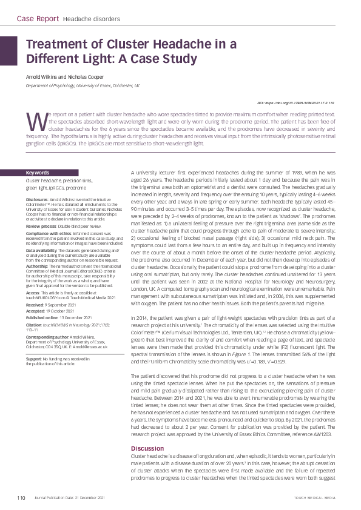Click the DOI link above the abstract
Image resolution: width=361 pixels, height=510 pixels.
pos(300,104)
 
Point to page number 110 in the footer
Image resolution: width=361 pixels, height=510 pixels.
pos(21,498)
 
